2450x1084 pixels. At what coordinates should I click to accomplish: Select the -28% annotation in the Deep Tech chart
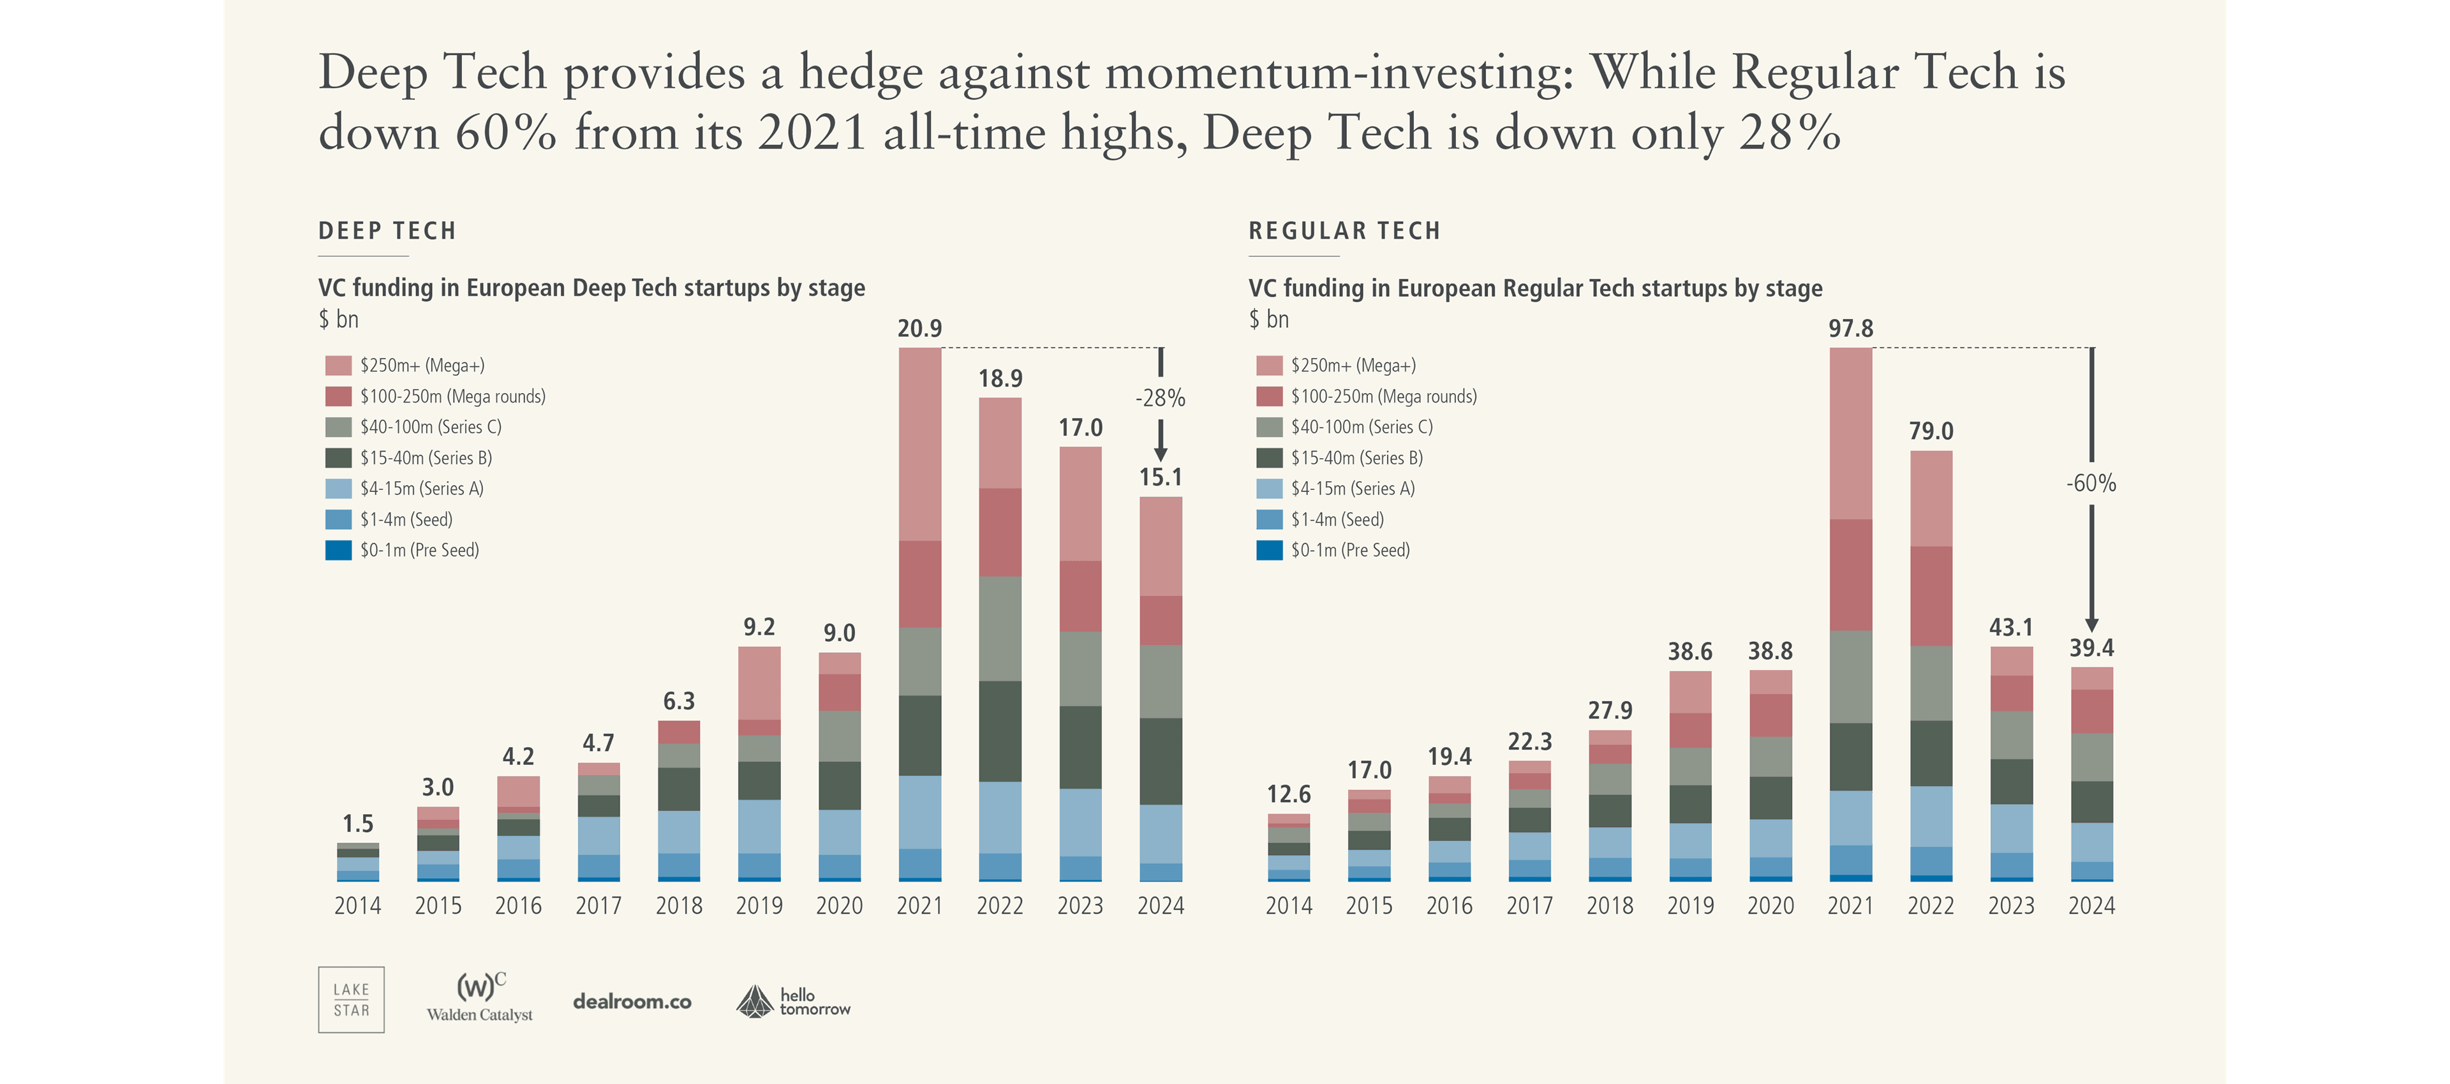(x=1161, y=398)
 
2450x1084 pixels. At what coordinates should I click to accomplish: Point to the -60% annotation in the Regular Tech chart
(x=2091, y=483)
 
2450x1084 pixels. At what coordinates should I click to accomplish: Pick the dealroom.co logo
(x=632, y=1001)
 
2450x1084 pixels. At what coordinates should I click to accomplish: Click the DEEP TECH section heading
(x=387, y=231)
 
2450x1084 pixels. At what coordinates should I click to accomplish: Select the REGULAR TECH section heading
(x=1344, y=231)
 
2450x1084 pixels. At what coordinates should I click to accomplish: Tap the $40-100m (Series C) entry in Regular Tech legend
(x=1360, y=427)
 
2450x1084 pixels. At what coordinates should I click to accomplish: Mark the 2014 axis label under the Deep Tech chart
(x=357, y=906)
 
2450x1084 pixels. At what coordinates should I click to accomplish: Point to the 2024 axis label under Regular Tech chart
(x=2091, y=906)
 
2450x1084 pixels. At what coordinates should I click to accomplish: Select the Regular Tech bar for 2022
(x=1931, y=665)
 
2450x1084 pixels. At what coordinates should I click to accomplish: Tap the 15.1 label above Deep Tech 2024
(x=1161, y=477)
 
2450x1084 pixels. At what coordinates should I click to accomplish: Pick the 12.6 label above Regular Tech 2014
(x=1289, y=794)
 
